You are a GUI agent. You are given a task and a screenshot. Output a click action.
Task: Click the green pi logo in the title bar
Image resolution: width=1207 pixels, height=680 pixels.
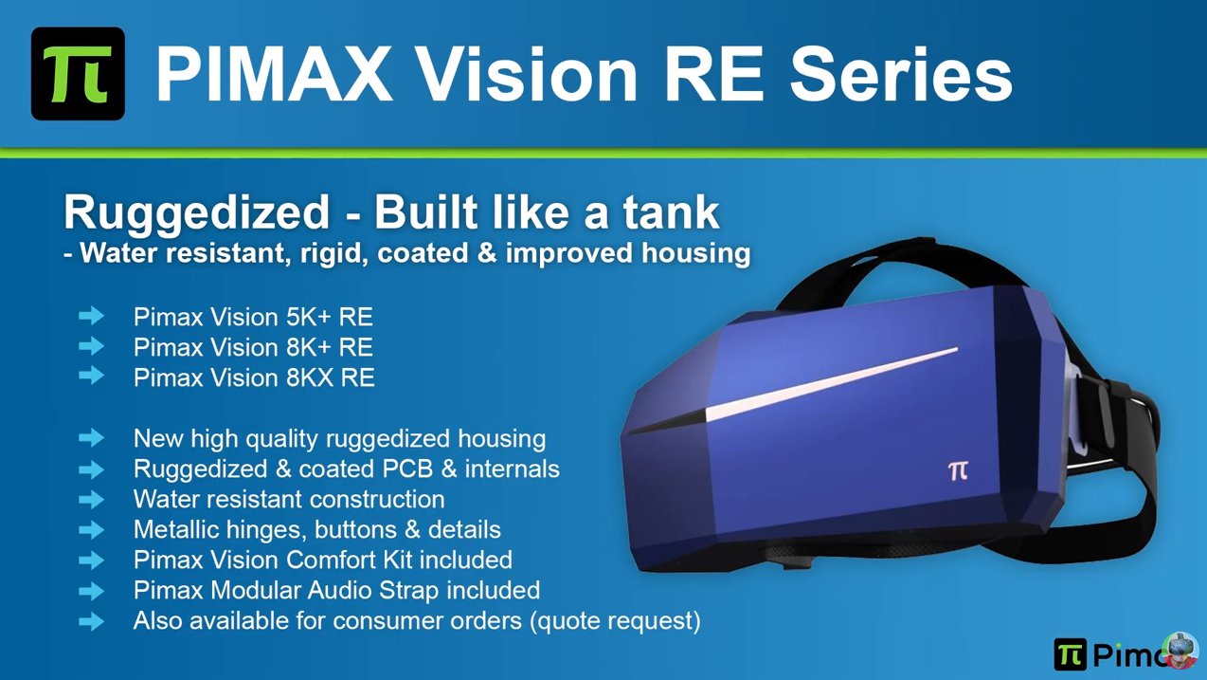78,74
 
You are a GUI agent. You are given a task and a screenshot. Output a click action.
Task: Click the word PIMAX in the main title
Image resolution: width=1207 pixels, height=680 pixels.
274,74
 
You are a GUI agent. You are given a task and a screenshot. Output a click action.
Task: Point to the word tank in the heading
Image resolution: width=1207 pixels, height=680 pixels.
671,211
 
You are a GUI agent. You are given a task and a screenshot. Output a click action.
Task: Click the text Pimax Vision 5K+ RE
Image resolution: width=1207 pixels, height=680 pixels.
253,317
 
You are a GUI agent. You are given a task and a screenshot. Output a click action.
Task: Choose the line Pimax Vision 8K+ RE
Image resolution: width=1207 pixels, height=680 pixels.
253,347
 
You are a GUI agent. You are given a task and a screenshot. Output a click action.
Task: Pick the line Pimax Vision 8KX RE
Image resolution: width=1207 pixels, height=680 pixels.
254,377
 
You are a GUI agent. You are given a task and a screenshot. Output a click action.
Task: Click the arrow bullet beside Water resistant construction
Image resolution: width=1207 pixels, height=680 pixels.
92,500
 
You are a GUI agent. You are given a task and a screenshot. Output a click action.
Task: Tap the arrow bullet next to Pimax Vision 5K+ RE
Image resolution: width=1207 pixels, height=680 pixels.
92,316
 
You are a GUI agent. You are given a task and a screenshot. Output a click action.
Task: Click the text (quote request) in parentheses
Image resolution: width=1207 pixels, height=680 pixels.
615,621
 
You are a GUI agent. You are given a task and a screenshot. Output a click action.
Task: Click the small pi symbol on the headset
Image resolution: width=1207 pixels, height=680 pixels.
958,470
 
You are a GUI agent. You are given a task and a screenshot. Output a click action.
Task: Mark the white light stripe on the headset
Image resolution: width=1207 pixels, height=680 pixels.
832,383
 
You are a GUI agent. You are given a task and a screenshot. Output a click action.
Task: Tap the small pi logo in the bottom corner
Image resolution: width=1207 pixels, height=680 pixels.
1071,654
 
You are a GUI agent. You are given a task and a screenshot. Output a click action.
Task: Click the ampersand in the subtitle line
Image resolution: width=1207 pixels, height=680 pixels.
487,253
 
